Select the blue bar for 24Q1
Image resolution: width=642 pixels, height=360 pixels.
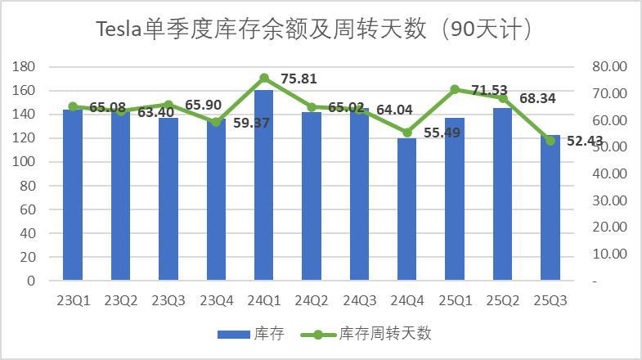coord(264,185)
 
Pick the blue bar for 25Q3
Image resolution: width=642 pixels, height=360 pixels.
coord(550,207)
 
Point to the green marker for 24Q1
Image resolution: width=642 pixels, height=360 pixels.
coord(264,79)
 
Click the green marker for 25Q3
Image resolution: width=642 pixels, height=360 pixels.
coord(550,141)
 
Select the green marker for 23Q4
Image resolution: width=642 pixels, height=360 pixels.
coord(216,123)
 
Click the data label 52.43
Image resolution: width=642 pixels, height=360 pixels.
coord(581,142)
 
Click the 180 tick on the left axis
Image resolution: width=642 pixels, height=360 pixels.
coord(25,66)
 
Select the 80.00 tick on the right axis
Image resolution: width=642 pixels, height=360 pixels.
coord(608,66)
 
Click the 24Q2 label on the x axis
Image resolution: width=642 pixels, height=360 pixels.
coord(312,300)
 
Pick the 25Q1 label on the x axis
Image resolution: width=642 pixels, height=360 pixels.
coord(455,300)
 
